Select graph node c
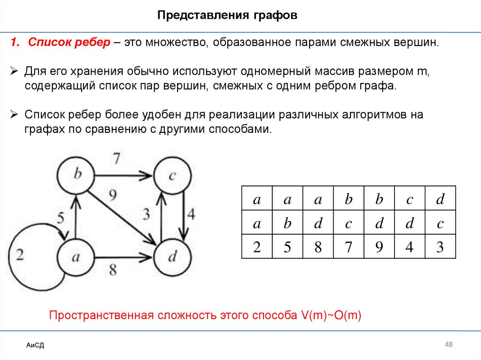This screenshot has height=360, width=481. (x=172, y=176)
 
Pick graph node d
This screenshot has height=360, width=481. (x=172, y=257)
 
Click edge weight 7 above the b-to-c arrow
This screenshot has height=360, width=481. (x=116, y=159)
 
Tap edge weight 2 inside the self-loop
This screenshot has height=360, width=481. (x=20, y=256)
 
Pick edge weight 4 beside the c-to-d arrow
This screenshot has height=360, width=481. (x=190, y=214)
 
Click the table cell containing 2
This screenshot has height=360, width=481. (x=257, y=246)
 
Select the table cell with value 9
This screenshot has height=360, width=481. (x=379, y=246)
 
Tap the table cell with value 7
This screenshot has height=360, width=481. (x=349, y=246)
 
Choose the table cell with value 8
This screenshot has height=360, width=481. (x=318, y=246)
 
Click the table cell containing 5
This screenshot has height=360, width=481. (x=287, y=246)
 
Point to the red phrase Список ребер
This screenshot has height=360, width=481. (x=69, y=43)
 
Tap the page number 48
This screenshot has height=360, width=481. (x=449, y=345)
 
